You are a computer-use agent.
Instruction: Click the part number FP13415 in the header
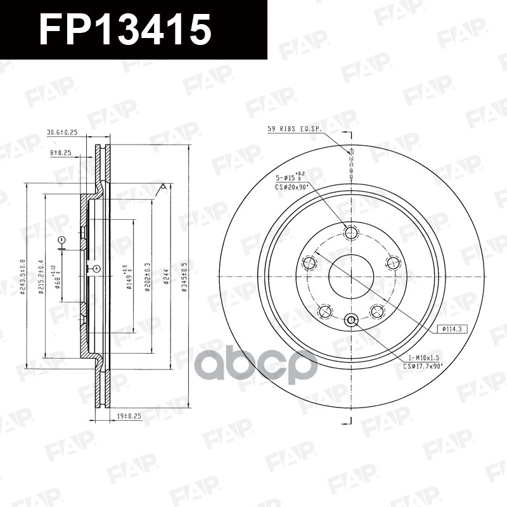pos(125,30)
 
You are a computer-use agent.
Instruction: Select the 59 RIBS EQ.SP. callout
pos(295,129)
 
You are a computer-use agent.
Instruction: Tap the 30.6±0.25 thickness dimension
pos(61,132)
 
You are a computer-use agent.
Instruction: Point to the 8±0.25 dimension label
pos(60,153)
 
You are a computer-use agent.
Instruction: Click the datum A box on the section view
pos(96,269)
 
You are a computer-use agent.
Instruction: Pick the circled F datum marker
pos(61,240)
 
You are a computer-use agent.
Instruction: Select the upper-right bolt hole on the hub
pos(393,262)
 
